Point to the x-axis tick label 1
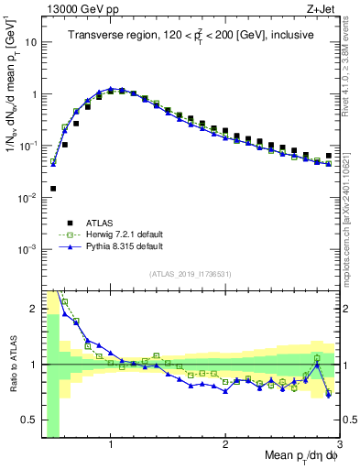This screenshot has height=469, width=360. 111,444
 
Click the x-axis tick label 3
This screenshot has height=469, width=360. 339,444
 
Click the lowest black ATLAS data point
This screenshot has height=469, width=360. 53,189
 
